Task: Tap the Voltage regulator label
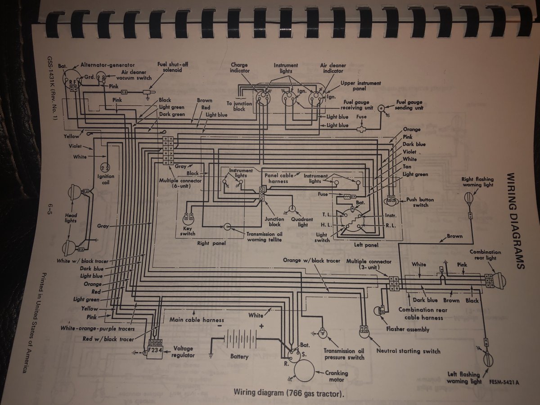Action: [183, 352]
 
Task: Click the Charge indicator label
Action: [239, 67]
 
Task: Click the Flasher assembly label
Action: [408, 329]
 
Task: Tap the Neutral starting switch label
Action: [408, 351]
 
